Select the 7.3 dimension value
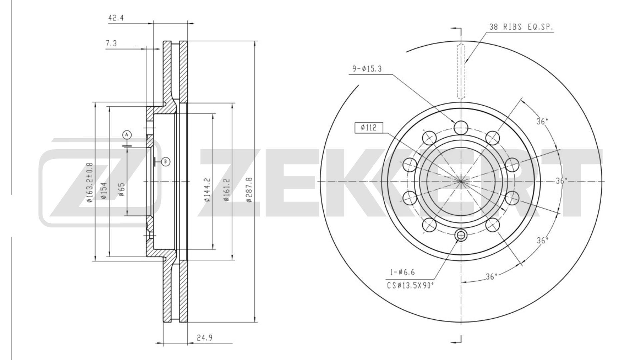111,43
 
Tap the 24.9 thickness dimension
204,337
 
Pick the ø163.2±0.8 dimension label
89,183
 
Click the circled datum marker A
127,135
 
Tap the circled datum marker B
166,162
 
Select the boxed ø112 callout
368,128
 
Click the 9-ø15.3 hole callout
367,69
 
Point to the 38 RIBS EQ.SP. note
521,27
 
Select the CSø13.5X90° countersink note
410,285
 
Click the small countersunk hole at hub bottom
461,236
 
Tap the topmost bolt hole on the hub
461,127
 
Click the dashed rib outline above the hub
461,71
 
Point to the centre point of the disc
461,181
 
